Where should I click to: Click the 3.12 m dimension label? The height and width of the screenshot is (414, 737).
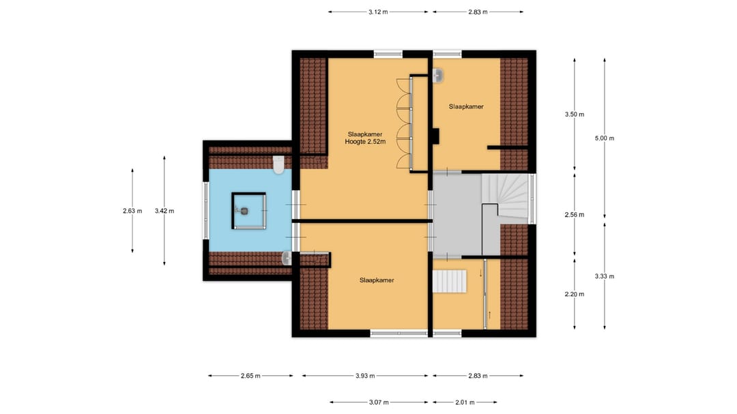[378, 12]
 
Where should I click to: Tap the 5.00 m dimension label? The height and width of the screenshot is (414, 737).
[605, 138]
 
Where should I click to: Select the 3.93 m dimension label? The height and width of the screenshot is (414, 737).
[365, 376]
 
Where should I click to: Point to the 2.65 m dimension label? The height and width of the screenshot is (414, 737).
[250, 376]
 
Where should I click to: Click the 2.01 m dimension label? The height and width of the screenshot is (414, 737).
[465, 402]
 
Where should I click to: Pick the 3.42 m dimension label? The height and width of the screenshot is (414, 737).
[164, 211]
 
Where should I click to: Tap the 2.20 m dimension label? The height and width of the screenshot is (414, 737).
[575, 294]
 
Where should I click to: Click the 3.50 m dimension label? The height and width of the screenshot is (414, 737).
[575, 114]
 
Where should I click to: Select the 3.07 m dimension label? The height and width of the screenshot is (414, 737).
[379, 402]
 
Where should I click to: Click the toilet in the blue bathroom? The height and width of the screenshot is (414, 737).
[278, 164]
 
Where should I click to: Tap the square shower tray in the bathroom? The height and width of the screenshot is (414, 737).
[249, 211]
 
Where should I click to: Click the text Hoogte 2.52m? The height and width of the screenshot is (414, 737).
[365, 141]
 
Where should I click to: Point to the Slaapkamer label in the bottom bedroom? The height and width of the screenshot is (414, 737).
[377, 280]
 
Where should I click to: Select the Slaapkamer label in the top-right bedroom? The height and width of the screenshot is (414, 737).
[466, 106]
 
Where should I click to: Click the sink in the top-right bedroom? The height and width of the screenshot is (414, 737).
[438, 75]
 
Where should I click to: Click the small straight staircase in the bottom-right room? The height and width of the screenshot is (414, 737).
[449, 281]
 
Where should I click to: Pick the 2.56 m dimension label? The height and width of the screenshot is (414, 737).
[575, 215]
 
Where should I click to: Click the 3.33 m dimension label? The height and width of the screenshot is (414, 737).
[605, 276]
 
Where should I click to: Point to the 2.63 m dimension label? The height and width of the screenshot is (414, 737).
[132, 211]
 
